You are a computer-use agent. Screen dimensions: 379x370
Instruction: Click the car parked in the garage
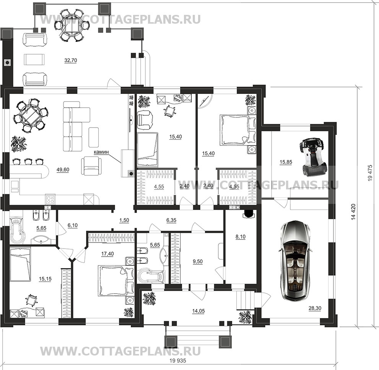[294, 262]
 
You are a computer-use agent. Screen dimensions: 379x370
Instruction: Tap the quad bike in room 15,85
[313, 158]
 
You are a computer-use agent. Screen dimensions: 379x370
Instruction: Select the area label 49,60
[63, 170]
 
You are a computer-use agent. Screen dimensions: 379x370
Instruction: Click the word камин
[101, 152]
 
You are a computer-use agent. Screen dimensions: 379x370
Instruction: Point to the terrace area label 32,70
[71, 60]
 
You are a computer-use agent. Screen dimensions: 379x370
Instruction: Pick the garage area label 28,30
[315, 308]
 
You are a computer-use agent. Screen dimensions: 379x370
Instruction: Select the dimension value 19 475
[370, 173]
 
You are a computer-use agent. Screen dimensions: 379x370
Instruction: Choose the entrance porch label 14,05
[198, 311]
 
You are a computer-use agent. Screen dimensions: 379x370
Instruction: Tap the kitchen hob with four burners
[50, 200]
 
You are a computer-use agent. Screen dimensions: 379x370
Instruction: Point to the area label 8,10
[241, 237]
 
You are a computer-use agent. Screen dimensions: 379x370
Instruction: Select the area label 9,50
[198, 262]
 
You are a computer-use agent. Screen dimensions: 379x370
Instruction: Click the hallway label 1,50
[124, 220]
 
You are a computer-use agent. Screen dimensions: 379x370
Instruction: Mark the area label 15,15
[45, 279]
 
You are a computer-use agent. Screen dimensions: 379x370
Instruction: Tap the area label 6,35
[171, 220]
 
